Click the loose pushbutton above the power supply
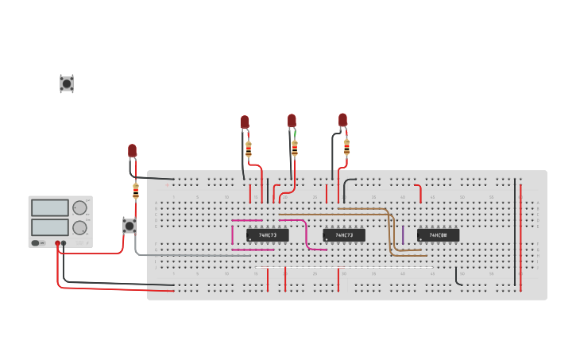67,83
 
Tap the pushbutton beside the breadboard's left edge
129,225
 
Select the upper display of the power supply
49,208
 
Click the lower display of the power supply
49,226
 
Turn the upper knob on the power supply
79,208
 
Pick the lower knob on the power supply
79,227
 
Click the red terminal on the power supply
57,243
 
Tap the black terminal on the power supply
64,243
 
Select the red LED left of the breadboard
132,150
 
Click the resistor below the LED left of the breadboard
136,191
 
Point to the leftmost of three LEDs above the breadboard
245,122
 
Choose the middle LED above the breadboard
292,120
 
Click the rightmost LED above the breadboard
342,120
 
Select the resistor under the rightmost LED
346,146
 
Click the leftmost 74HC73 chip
267,235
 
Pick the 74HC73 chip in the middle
344,235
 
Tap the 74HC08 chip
438,235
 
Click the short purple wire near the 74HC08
403,234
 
